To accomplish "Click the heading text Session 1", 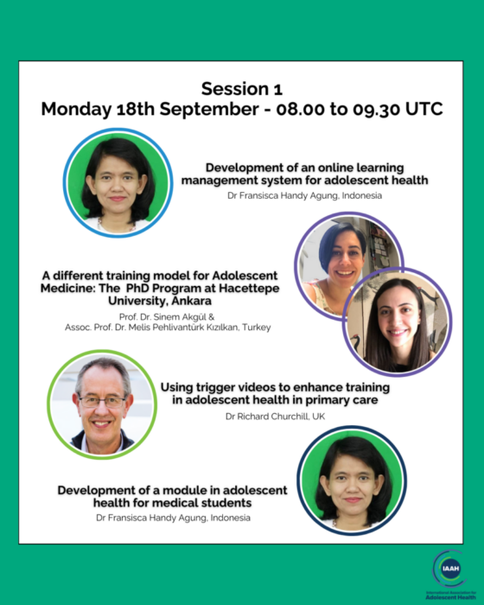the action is coord(242,89).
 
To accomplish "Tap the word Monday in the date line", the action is coord(76,109).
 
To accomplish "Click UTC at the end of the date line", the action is coord(423,109).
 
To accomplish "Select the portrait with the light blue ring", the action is coord(118,182).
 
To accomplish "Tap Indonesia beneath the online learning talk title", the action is coord(361,195).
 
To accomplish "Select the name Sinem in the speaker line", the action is coord(165,317).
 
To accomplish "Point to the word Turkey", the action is coord(257,328).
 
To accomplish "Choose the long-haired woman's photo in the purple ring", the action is coord(397,322).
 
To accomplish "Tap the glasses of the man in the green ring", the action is coord(102,402).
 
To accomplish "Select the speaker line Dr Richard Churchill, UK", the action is coord(275,417).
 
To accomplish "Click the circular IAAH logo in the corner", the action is coord(450,569).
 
